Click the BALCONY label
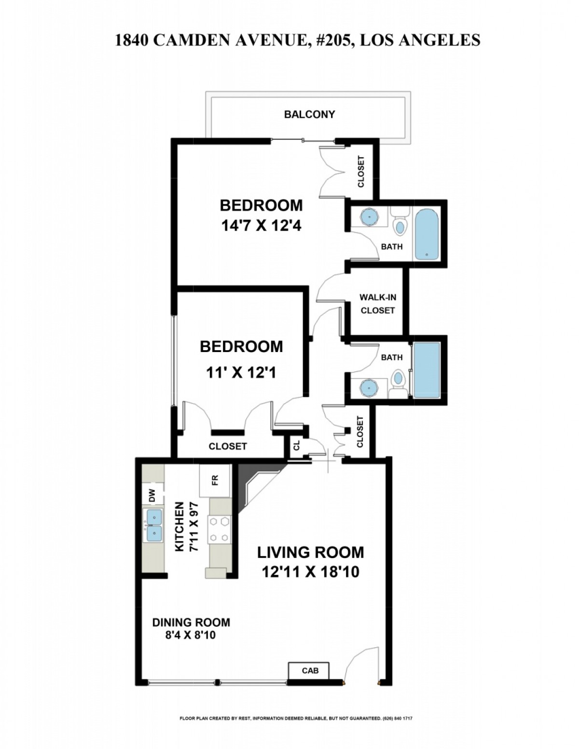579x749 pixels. pyautogui.click(x=309, y=114)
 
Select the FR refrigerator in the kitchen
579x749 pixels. pyautogui.click(x=215, y=480)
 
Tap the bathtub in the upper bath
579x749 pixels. pyautogui.click(x=427, y=234)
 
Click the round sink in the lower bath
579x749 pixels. pyautogui.click(x=369, y=387)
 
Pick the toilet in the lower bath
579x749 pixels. pyautogui.click(x=398, y=384)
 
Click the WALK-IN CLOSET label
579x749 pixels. pyautogui.click(x=378, y=304)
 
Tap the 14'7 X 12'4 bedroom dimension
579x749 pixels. pyautogui.click(x=261, y=227)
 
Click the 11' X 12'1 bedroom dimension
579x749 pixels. pyautogui.click(x=241, y=373)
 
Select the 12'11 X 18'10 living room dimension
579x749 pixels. pyautogui.click(x=310, y=572)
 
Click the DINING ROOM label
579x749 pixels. pyautogui.click(x=191, y=623)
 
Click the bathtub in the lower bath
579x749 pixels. pyautogui.click(x=427, y=369)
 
